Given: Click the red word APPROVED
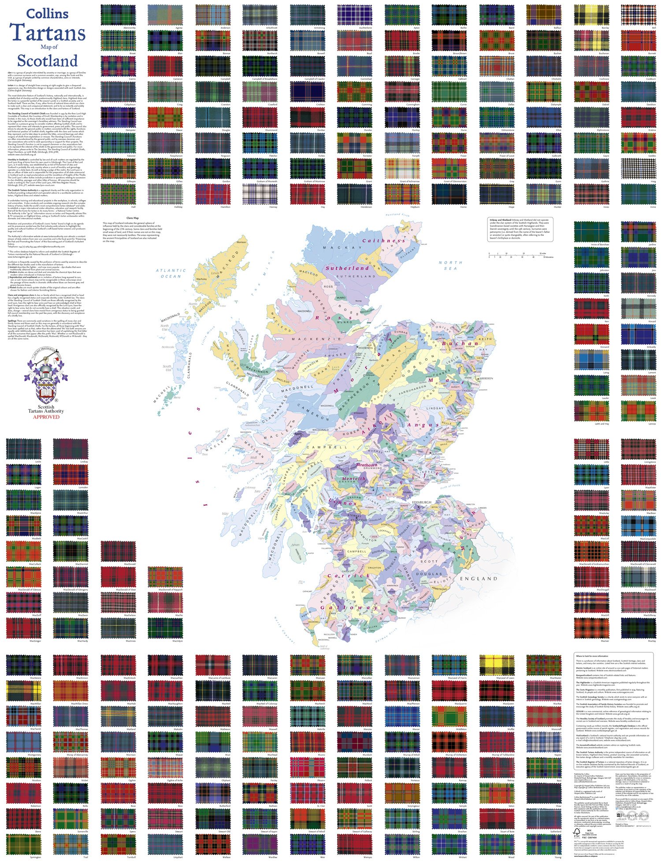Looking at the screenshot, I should click(46, 416).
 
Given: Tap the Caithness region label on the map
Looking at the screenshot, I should click(383, 241).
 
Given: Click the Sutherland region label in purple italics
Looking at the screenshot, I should click(347, 268).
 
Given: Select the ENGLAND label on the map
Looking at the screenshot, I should click(478, 578).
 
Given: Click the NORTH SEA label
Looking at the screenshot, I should click(450, 265).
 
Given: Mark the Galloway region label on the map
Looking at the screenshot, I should click(349, 608).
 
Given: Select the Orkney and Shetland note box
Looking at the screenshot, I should click(520, 229).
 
